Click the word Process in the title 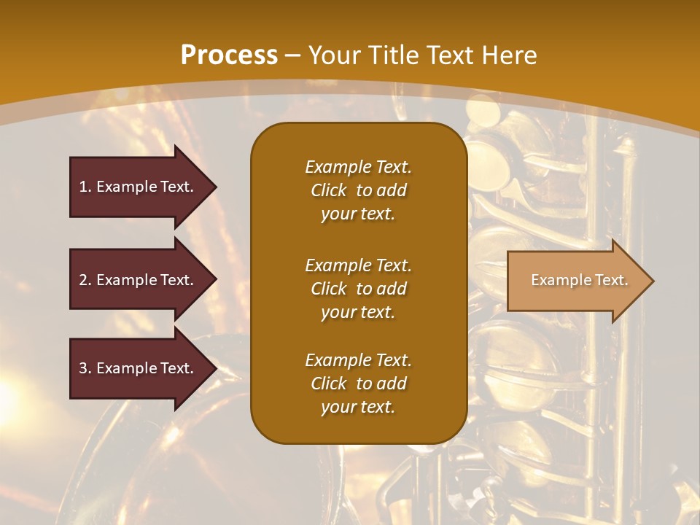point(229,55)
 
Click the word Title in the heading point(392,55)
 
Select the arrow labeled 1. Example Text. point(139,187)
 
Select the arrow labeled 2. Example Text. point(139,280)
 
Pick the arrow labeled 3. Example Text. point(139,368)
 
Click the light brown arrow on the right point(576,281)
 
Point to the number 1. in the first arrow point(85,187)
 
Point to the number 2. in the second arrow point(85,280)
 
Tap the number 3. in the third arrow point(85,368)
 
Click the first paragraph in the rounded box point(358,190)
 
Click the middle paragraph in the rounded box point(358,289)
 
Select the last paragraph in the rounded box point(358,384)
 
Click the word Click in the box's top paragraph point(329,190)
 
